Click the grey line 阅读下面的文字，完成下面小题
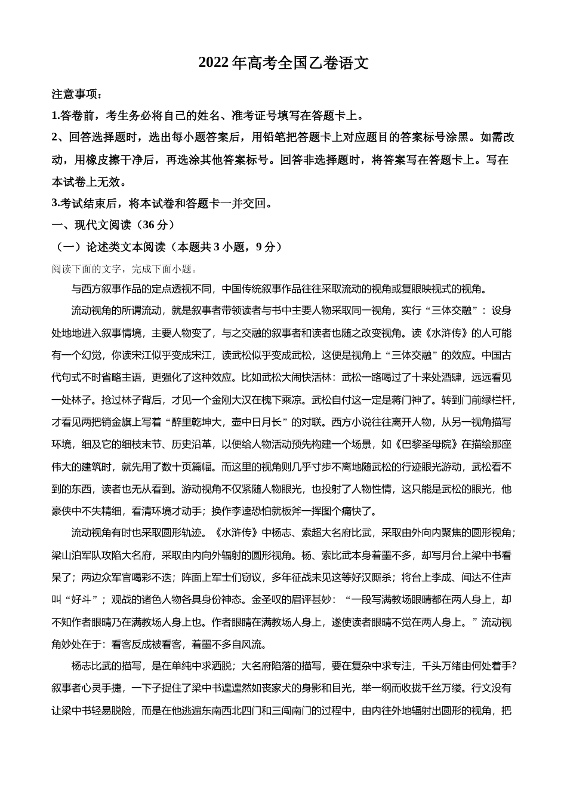(x=125, y=269)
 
